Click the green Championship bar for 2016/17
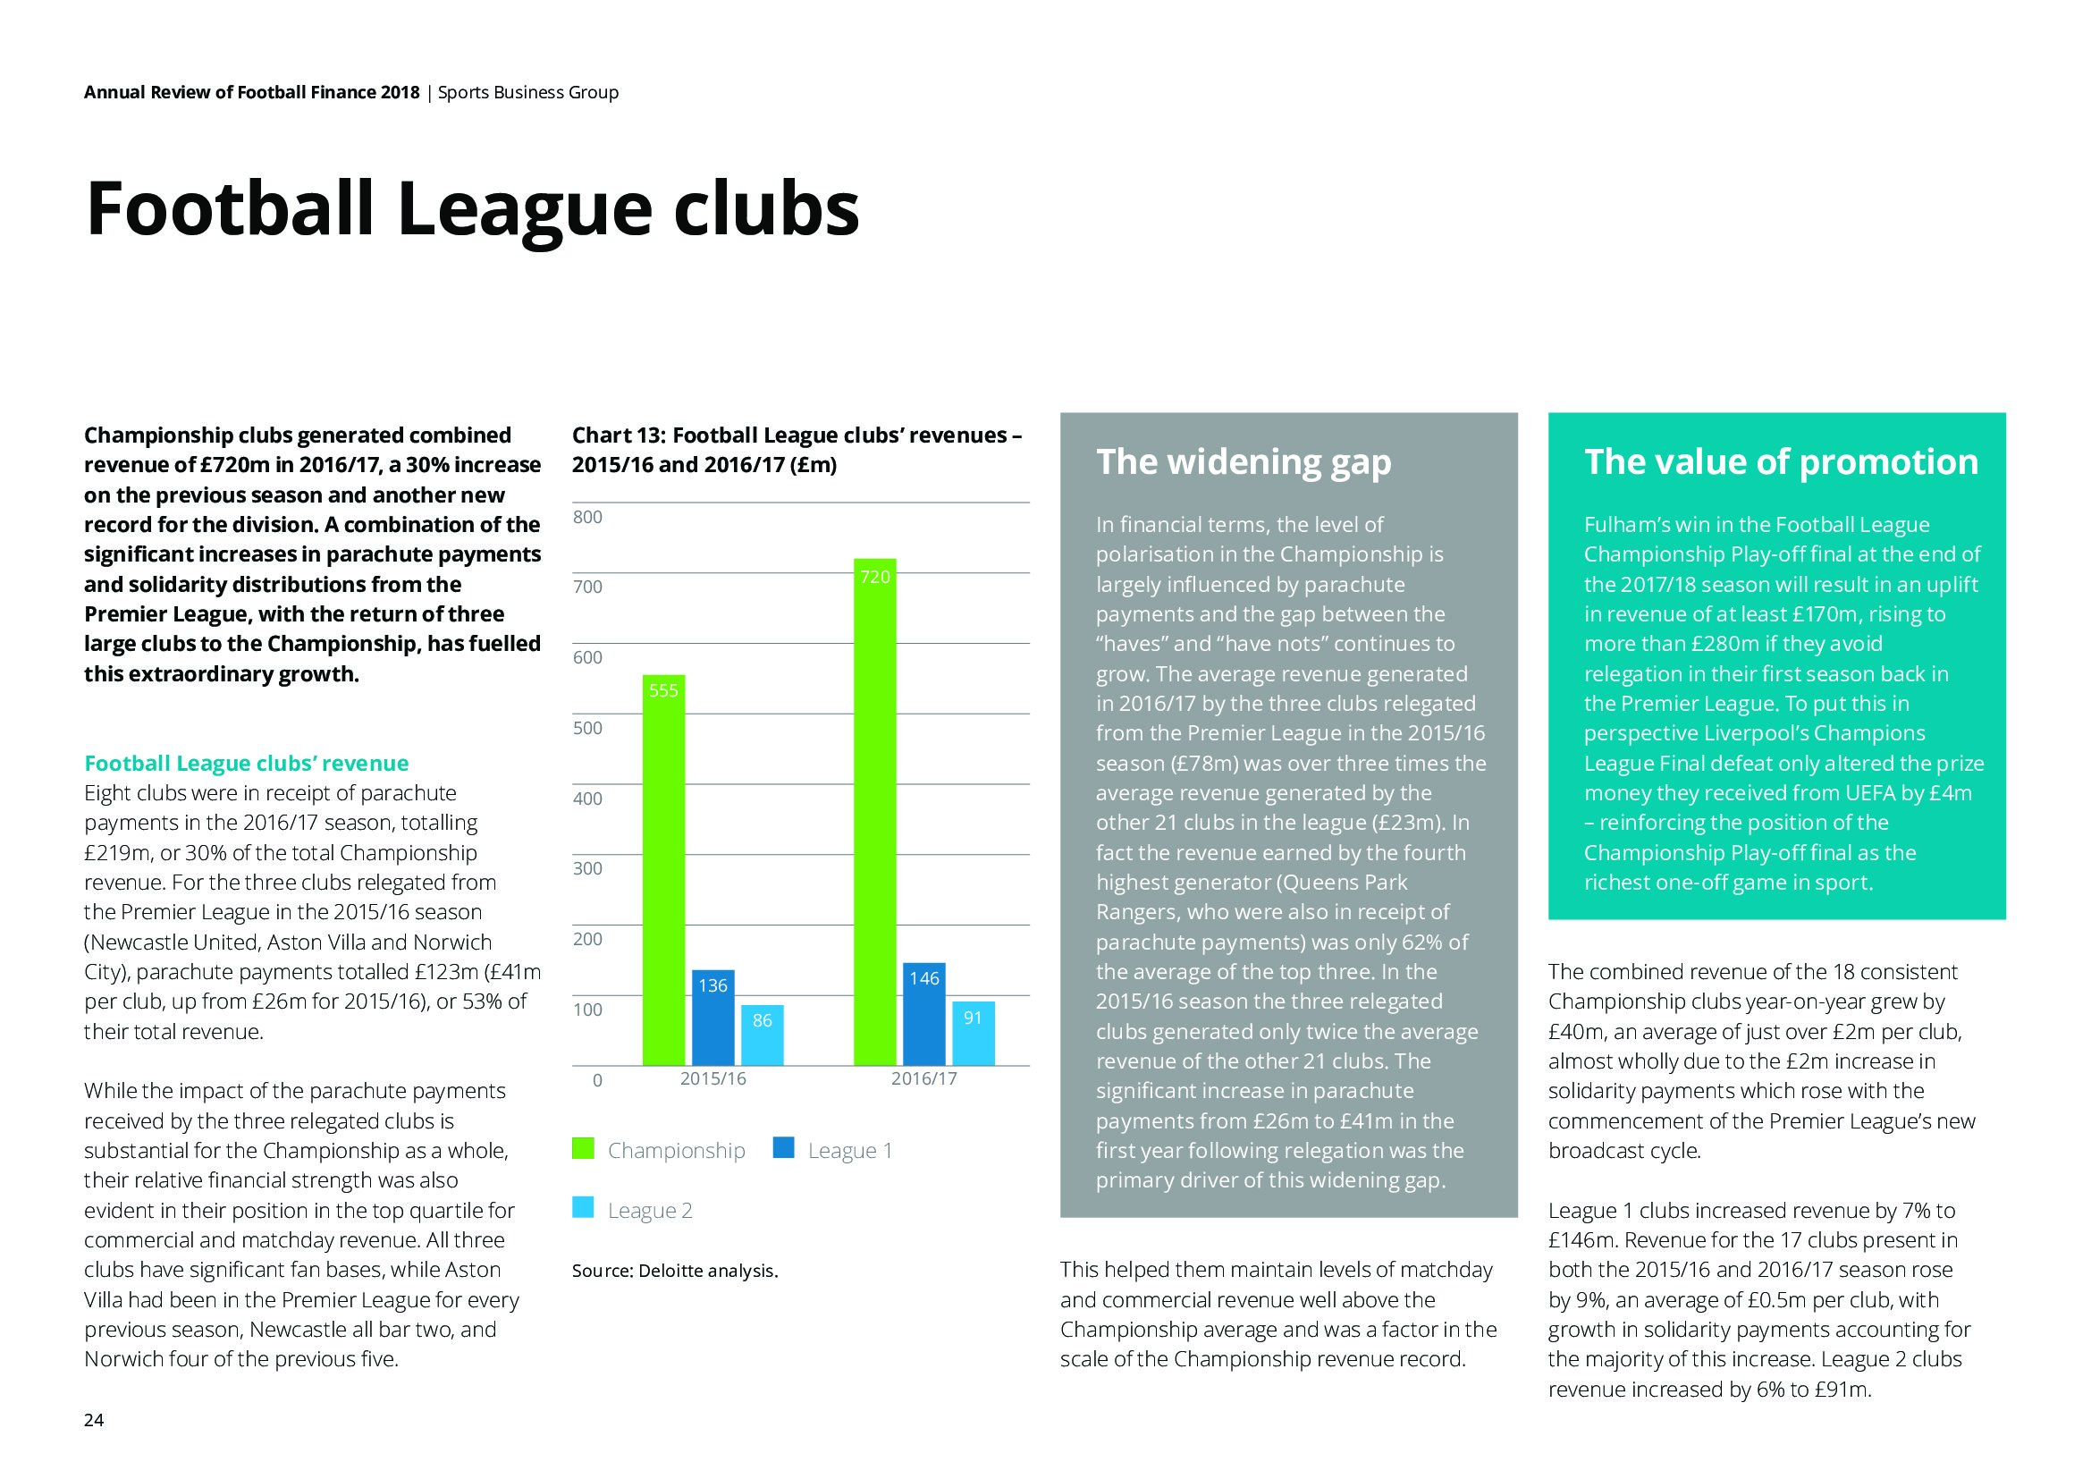click(874, 810)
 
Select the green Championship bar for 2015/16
click(663, 870)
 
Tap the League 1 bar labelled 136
click(712, 1018)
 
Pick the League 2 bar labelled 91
click(973, 1033)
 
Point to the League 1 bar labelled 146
click(923, 1014)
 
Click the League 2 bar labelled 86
click(763, 1035)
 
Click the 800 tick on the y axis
click(587, 516)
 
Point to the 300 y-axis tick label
click(587, 868)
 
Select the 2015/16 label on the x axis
click(713, 1078)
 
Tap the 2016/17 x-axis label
click(923, 1078)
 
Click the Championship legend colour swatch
click(583, 1148)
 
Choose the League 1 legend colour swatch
click(783, 1148)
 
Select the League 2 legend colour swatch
click(583, 1207)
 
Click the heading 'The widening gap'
click(1244, 461)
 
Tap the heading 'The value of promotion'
click(1781, 461)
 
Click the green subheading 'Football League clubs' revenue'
click(246, 762)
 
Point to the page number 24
click(94, 1420)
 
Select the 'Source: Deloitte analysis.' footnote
click(675, 1271)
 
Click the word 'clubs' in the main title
click(766, 208)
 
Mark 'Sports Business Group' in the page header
click(528, 92)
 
